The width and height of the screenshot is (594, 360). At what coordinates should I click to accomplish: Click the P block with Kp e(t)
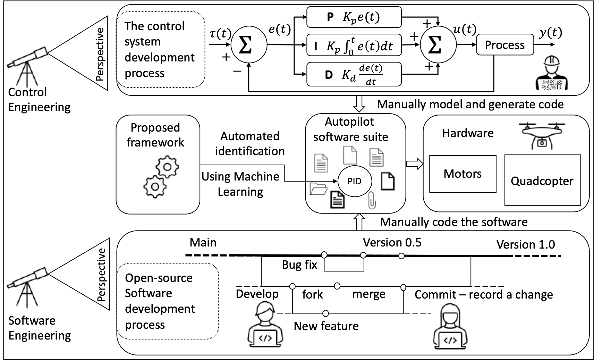coord(354,17)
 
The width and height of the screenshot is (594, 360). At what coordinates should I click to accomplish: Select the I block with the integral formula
coord(354,45)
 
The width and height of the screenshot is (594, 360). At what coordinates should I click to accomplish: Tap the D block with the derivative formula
coord(354,74)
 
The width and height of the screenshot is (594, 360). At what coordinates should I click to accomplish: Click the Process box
coord(504,45)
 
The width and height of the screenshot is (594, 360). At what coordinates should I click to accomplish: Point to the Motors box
coord(463,174)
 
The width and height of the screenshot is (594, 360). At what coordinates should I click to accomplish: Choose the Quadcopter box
coord(542,181)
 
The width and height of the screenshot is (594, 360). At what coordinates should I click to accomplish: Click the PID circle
coord(355,181)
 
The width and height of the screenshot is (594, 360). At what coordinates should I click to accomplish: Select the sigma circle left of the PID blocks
coord(249,45)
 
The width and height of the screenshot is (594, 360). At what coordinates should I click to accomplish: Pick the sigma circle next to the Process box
coord(438,45)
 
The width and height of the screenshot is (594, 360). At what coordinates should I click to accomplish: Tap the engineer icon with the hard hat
coord(552,73)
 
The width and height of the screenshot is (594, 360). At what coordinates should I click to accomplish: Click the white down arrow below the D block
coord(359,103)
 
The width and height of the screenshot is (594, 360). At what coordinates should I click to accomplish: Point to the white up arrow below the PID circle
coord(359,222)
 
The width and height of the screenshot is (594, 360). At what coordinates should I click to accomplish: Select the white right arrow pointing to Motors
coord(415,164)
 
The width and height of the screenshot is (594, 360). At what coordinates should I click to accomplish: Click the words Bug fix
coord(299,265)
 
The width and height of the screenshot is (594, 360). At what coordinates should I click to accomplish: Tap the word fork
coord(312,295)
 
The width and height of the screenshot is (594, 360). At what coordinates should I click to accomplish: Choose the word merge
coord(368,294)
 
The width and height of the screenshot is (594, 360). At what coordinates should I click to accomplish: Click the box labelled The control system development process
coord(160,50)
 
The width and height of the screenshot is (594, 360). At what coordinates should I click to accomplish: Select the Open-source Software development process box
coord(168,301)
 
